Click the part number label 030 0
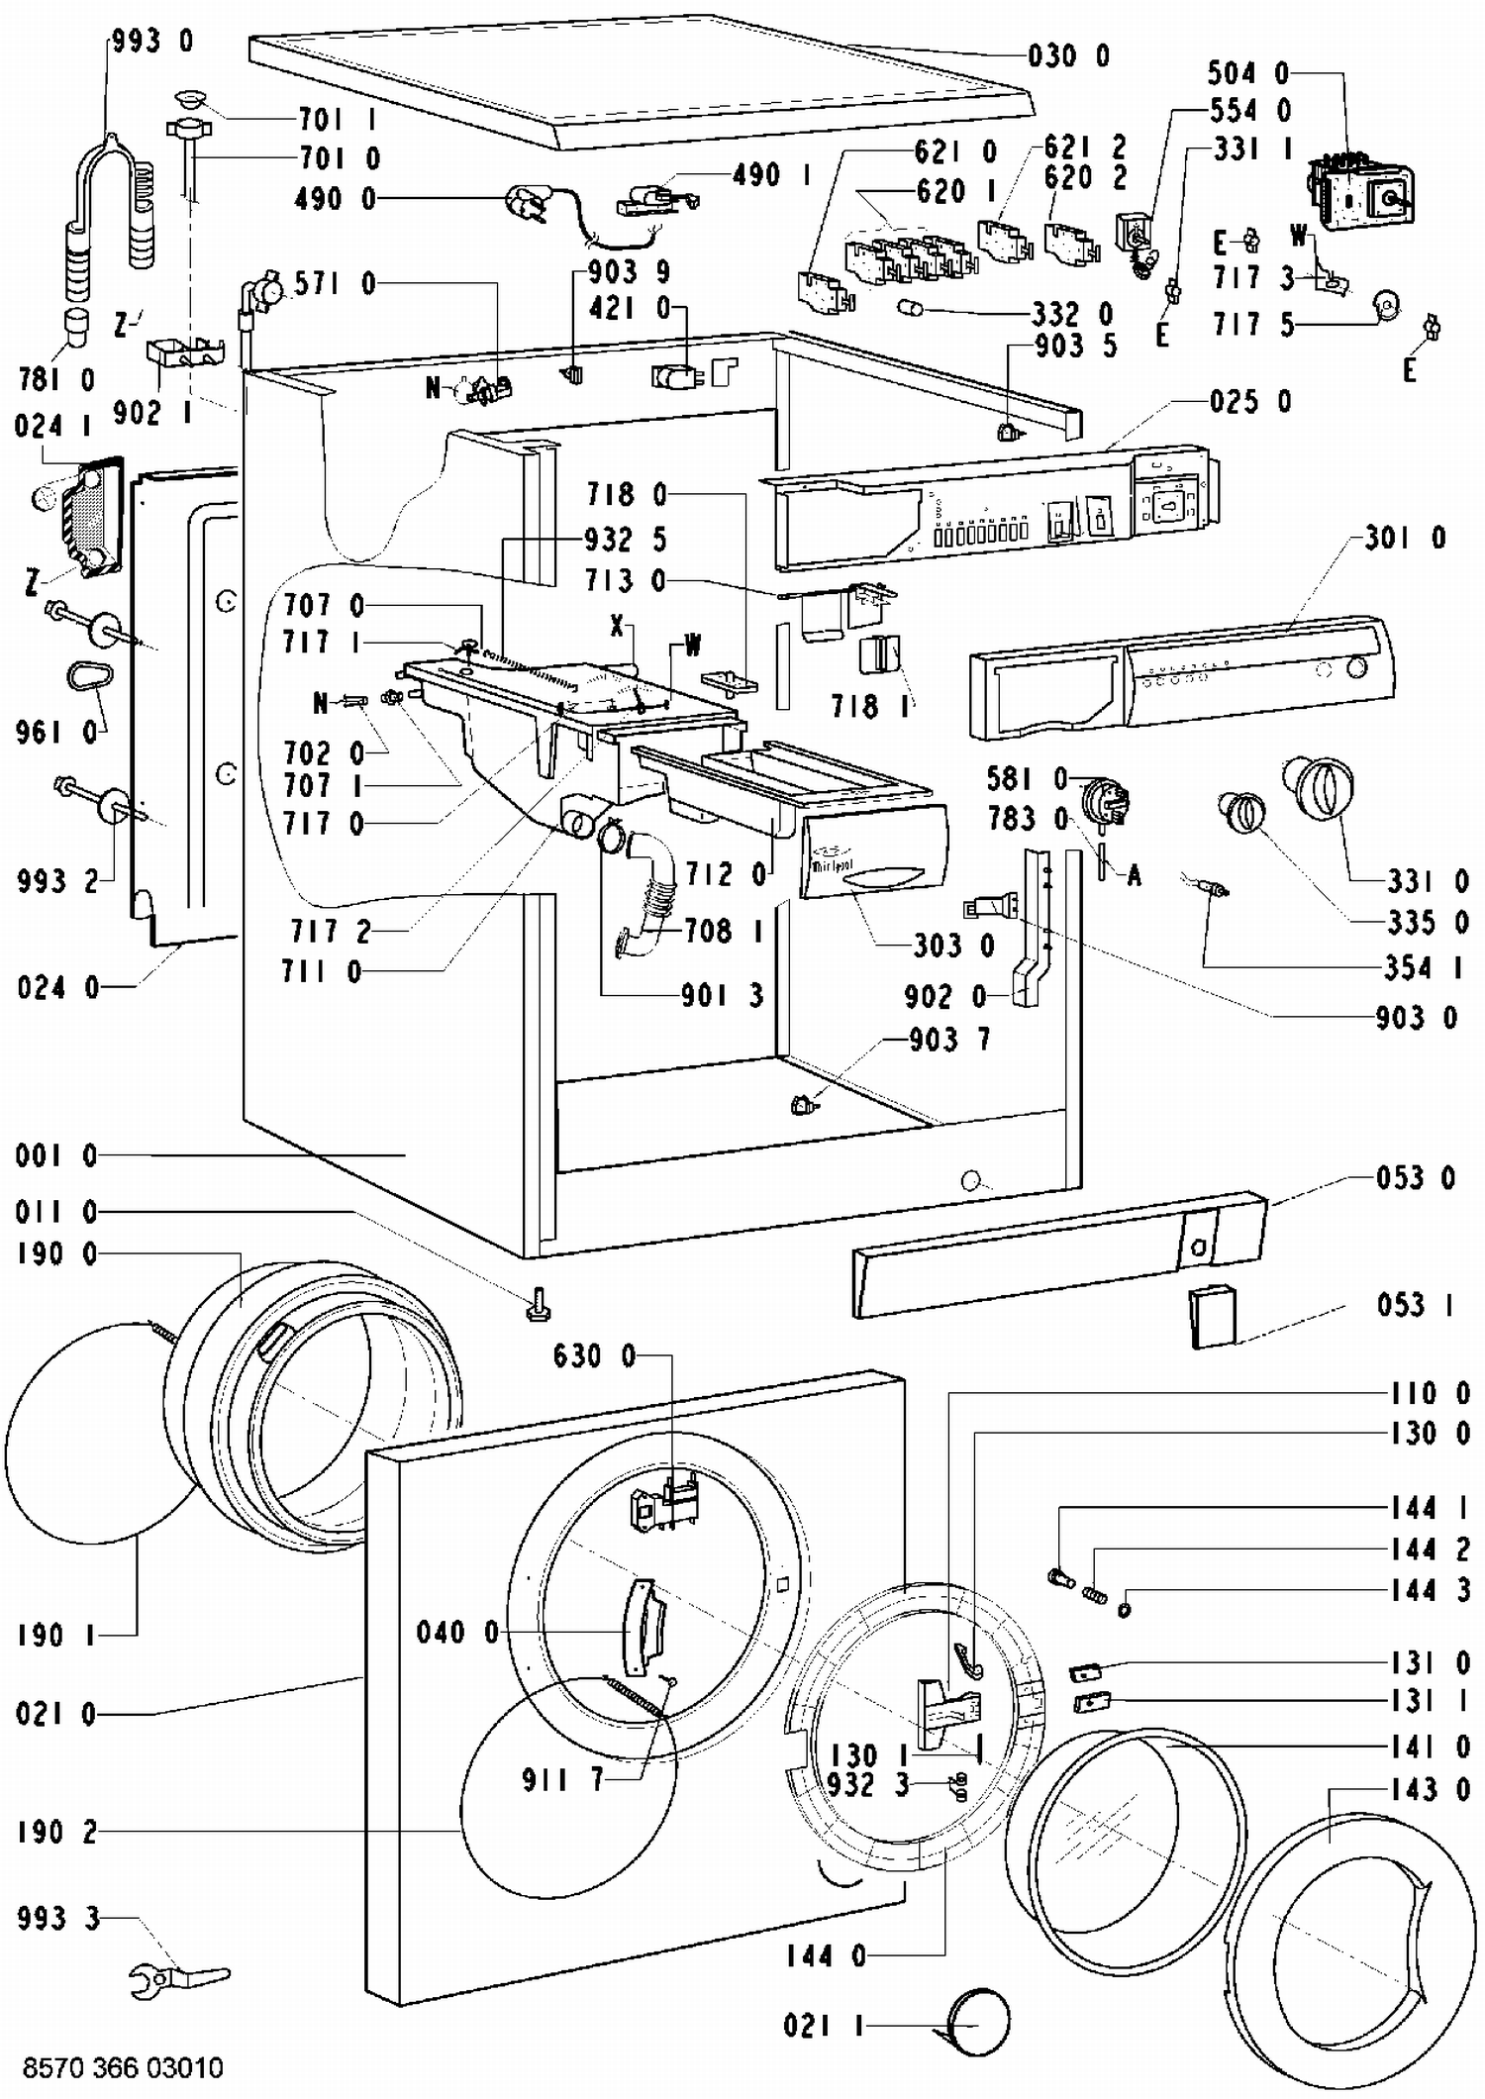click(x=1069, y=56)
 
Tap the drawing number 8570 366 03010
click(x=123, y=2067)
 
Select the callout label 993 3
click(x=58, y=1919)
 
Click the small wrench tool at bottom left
click(x=179, y=1978)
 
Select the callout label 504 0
click(x=1247, y=72)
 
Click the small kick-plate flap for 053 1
click(x=1214, y=1315)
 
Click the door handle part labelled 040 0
click(x=643, y=1627)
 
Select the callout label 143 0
click(x=1431, y=1789)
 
